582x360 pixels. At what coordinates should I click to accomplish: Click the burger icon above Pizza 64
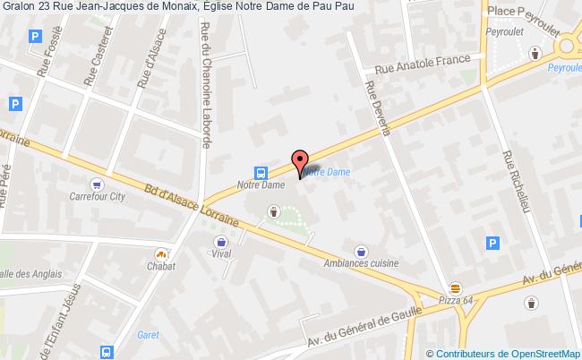click(x=456, y=287)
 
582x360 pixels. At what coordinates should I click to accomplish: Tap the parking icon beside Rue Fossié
click(x=35, y=37)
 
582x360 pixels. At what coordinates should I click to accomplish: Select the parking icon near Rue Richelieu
click(x=492, y=242)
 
